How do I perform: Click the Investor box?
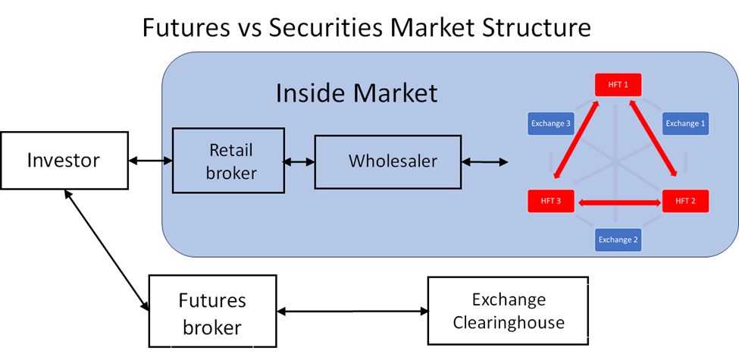pyautogui.click(x=64, y=160)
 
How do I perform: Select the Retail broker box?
pyautogui.click(x=229, y=160)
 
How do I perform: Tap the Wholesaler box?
pyautogui.click(x=388, y=161)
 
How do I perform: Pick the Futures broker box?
pyautogui.click(x=212, y=311)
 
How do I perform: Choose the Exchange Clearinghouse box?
pyautogui.click(x=508, y=311)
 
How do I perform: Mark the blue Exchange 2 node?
pyautogui.click(x=618, y=239)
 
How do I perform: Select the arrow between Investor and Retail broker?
pyautogui.click(x=150, y=161)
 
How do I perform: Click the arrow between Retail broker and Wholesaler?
pyautogui.click(x=299, y=161)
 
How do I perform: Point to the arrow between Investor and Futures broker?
pyautogui.click(x=107, y=250)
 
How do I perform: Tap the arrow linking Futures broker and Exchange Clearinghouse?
pyautogui.click(x=352, y=311)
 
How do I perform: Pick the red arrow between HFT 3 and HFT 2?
pyautogui.click(x=618, y=202)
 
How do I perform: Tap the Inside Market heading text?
pyautogui.click(x=356, y=92)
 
